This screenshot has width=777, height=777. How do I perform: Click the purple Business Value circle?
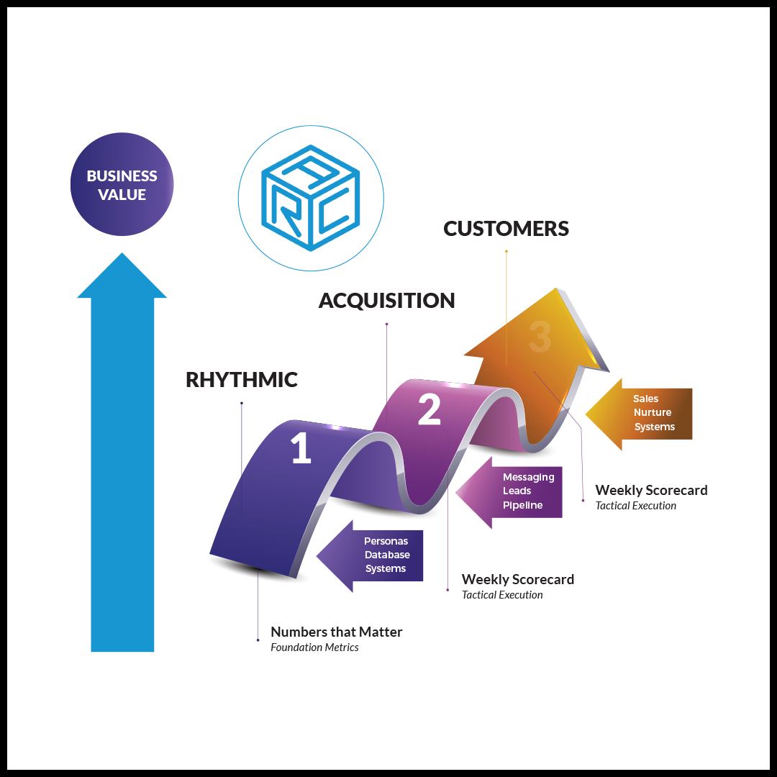tap(122, 185)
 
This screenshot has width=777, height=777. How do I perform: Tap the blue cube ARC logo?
tap(311, 198)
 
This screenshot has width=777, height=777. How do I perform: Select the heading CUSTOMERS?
tap(506, 229)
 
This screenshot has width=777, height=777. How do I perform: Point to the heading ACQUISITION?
tap(386, 301)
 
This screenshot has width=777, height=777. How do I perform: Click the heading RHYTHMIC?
tap(242, 380)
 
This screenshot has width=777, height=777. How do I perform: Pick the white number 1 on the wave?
tap(301, 448)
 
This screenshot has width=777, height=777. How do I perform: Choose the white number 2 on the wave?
tap(430, 410)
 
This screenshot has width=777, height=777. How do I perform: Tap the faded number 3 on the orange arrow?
tap(540, 336)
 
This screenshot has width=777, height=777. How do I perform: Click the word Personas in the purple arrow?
tap(386, 541)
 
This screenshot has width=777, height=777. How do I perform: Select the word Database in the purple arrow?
tap(387, 555)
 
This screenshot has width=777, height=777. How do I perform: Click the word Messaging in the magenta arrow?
tap(528, 477)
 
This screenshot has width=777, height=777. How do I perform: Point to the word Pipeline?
tap(522, 505)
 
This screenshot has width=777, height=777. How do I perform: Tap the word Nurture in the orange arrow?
tap(653, 412)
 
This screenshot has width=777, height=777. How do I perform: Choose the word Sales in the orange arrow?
tap(645, 399)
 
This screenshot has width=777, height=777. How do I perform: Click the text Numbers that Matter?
tap(336, 632)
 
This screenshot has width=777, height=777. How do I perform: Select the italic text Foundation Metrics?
tap(314, 647)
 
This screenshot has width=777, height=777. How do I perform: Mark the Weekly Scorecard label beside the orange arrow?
tap(651, 491)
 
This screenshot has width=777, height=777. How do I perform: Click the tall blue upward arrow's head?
tap(122, 277)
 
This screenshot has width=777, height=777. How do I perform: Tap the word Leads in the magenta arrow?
tap(517, 491)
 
